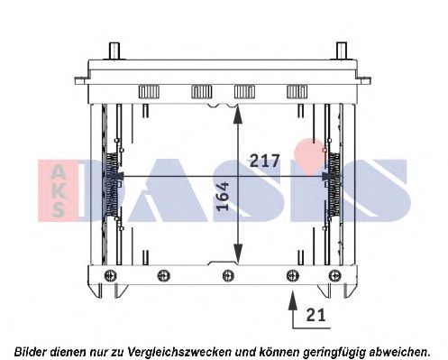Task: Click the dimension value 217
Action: click(x=263, y=162)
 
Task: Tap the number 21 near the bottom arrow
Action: click(x=315, y=314)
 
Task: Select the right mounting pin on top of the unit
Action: click(x=340, y=50)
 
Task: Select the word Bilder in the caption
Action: click(x=32, y=350)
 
